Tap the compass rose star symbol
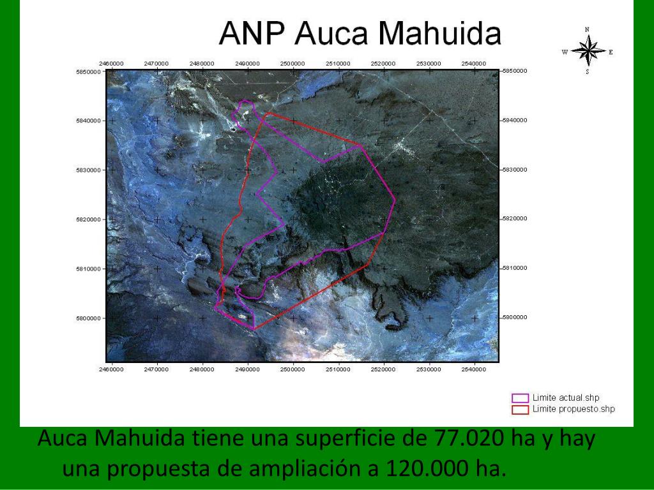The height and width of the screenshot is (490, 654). tap(588, 51)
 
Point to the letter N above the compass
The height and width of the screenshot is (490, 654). tap(588, 29)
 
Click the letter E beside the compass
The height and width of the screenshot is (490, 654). tap(611, 52)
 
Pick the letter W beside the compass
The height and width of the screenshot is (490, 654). tap(565, 52)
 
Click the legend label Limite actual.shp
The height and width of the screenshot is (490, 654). tap(566, 398)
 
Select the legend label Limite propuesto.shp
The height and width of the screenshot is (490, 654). tap(574, 409)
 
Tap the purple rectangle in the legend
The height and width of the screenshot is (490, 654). tap(521, 398)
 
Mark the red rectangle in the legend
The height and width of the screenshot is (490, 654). tap(521, 409)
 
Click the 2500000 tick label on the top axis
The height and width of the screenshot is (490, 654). tap(293, 64)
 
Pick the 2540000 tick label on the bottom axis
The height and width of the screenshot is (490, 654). tap(474, 369)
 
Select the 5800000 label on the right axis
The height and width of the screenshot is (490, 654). tap(515, 317)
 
